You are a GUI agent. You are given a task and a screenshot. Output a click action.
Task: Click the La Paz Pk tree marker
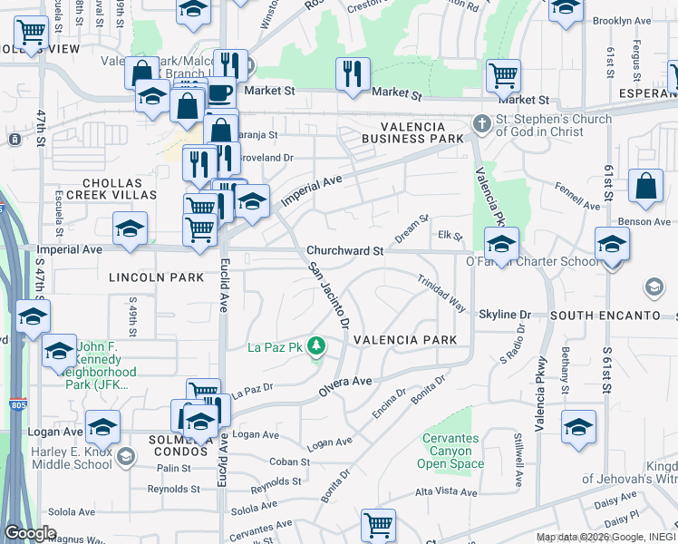[315, 345]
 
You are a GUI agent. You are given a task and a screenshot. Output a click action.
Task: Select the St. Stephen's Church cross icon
[484, 121]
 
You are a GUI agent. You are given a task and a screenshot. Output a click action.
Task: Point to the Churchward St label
[345, 250]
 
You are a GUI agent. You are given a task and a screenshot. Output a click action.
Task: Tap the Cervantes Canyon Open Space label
[450, 452]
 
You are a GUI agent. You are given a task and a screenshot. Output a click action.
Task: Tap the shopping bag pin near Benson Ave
[645, 188]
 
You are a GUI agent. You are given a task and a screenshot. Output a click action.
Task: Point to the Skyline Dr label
[505, 314]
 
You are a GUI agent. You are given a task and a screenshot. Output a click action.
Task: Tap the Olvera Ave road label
[344, 387]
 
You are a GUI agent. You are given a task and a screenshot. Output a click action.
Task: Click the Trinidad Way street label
[442, 295]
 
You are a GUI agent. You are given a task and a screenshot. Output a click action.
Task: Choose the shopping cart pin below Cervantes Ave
[378, 526]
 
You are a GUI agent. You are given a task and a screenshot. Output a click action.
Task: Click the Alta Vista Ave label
[445, 492]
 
